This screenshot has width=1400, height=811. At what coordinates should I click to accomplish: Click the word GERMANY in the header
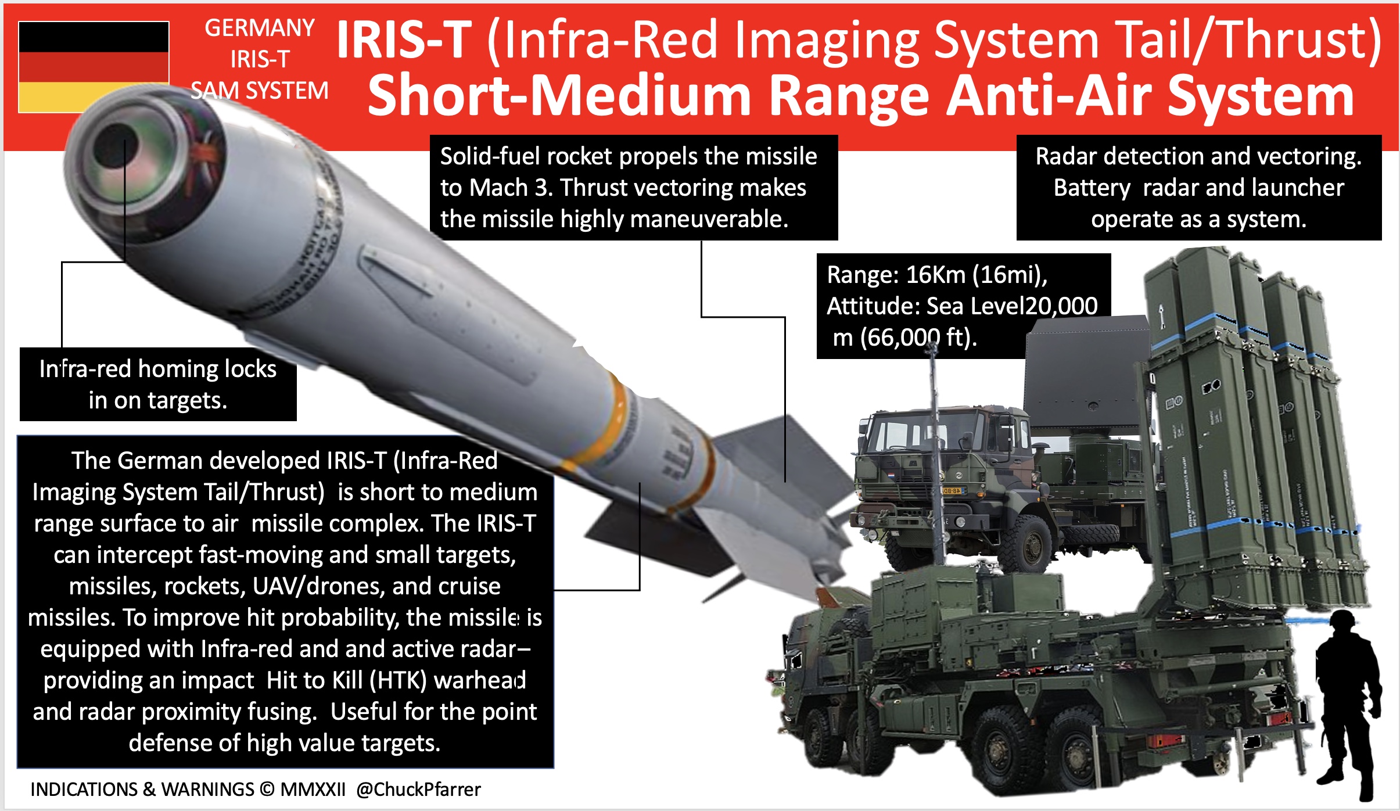click(259, 28)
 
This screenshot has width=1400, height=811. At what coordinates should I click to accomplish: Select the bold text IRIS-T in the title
click(404, 41)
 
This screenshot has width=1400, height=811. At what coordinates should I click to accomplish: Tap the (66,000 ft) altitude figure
click(918, 338)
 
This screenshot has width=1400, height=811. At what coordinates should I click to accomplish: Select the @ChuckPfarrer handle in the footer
click(418, 789)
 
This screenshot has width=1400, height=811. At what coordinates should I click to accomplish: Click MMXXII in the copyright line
click(313, 789)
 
